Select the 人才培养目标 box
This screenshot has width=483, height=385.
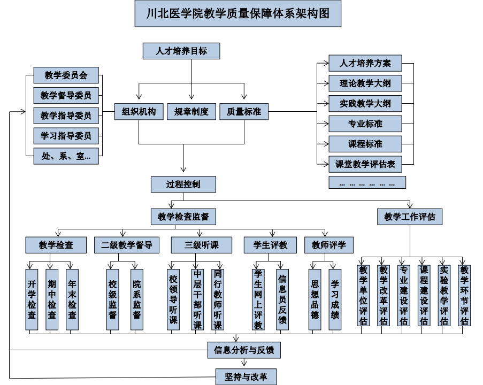pos(181,51)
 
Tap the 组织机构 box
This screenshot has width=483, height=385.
pos(139,112)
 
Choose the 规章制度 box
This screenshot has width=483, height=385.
pos(191,112)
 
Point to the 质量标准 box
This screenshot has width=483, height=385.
pos(244,112)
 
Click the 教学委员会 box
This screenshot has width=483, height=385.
pos(66,75)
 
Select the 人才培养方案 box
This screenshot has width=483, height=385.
pos(365,63)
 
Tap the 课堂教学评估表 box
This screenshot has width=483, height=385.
pos(365,164)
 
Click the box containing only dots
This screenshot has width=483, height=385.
pos(367,182)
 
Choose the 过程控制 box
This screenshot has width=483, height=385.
pos(183,184)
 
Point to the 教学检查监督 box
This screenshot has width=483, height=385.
pos(183,217)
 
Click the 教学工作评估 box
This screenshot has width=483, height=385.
pos(410,217)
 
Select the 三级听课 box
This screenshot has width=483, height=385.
pos(202,245)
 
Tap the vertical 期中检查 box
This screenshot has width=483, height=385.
pos(52,299)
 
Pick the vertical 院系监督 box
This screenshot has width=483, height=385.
pos(137,299)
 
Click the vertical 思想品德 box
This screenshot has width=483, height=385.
pos(315,299)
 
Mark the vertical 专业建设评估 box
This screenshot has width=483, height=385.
pos(403,295)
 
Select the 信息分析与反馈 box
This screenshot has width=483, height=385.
pos(244,350)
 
